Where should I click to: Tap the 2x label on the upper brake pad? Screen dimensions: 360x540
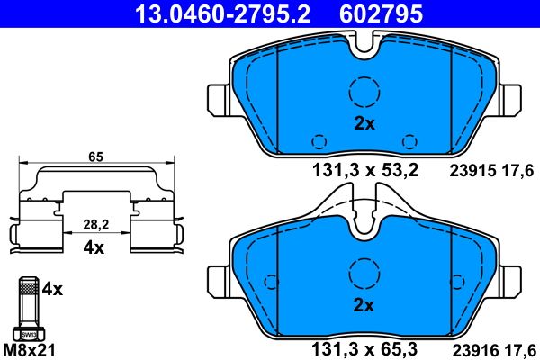point(364,125)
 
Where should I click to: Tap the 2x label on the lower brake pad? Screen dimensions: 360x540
point(364,306)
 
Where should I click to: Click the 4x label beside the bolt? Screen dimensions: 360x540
point(54,290)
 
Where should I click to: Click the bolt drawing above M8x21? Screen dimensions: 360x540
point(28,310)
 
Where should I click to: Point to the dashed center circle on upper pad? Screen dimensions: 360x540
point(364,92)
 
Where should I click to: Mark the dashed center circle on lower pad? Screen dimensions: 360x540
point(364,272)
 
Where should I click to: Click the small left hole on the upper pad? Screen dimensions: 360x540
point(317,140)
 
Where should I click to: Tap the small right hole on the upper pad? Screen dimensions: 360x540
point(410,140)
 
